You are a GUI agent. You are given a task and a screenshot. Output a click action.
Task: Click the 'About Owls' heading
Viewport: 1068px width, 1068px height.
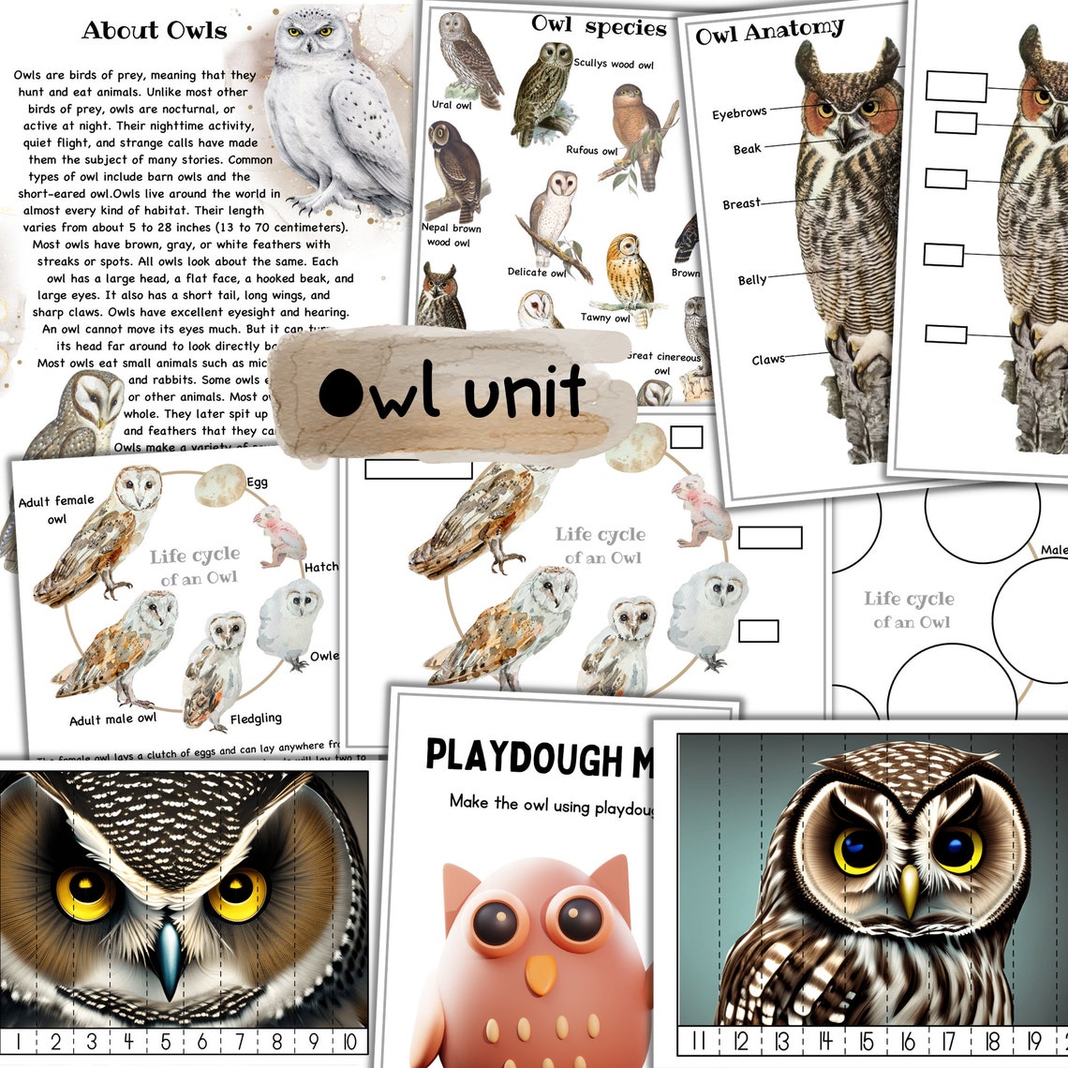tap(154, 31)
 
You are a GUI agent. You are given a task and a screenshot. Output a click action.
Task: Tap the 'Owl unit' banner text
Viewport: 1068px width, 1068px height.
tap(452, 392)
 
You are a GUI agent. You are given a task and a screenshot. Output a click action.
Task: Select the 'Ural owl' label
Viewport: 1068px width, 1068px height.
tap(452, 105)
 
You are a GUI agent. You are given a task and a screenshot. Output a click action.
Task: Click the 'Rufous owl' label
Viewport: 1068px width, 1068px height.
tap(591, 150)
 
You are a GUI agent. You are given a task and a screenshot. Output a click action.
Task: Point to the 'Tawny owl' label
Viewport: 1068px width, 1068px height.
tap(605, 318)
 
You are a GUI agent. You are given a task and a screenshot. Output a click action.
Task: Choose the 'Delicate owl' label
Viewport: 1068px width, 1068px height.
tap(537, 273)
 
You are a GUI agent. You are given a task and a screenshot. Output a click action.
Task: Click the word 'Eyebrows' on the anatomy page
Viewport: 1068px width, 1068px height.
tap(739, 113)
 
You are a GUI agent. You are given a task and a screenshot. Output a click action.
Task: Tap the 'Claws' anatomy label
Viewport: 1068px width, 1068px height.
tap(767, 360)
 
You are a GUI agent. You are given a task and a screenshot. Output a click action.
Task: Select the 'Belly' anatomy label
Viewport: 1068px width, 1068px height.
tap(751, 279)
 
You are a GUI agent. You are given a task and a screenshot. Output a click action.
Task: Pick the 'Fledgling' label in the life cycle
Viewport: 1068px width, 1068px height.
tap(256, 719)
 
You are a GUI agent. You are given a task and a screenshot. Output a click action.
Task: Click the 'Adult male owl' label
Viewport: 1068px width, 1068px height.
tap(112, 719)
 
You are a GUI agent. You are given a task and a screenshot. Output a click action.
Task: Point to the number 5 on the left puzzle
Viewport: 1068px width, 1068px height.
tap(165, 1041)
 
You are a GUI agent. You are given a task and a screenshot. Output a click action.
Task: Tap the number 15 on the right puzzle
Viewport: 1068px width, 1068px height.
tap(866, 1042)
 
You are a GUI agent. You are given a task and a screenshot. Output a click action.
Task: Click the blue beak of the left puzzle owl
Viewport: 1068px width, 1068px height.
tap(169, 956)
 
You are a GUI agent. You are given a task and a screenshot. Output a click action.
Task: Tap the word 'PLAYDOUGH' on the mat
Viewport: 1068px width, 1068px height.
tap(524, 757)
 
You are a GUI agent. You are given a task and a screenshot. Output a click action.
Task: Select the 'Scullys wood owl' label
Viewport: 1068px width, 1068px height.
tap(614, 65)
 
